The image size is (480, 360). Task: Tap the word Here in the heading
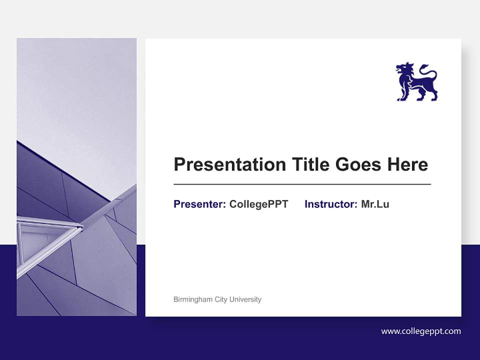[407, 164]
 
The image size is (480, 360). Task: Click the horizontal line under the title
[302, 184]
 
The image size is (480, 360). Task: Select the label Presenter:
[199, 204]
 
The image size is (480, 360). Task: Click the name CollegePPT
[258, 204]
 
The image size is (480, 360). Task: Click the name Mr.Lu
[375, 204]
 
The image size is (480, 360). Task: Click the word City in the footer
[220, 299]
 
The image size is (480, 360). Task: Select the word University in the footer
[245, 299]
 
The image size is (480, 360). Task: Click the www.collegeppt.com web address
[421, 331]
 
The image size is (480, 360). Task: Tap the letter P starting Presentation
[179, 164]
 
